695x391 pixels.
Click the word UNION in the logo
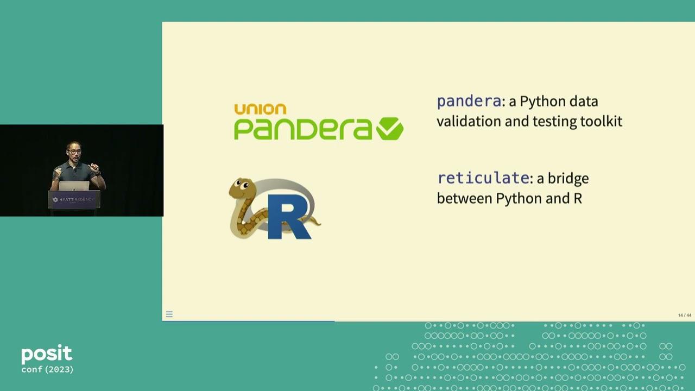click(260, 109)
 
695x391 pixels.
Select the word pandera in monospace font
click(469, 101)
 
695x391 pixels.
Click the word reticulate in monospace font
click(483, 178)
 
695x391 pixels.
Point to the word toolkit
click(601, 121)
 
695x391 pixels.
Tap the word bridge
click(568, 178)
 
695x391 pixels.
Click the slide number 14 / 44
click(684, 316)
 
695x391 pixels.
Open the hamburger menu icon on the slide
click(169, 314)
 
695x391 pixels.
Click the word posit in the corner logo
click(47, 355)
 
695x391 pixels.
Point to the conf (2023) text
click(47, 370)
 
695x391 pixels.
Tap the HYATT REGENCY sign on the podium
click(74, 200)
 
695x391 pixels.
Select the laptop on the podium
click(74, 186)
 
